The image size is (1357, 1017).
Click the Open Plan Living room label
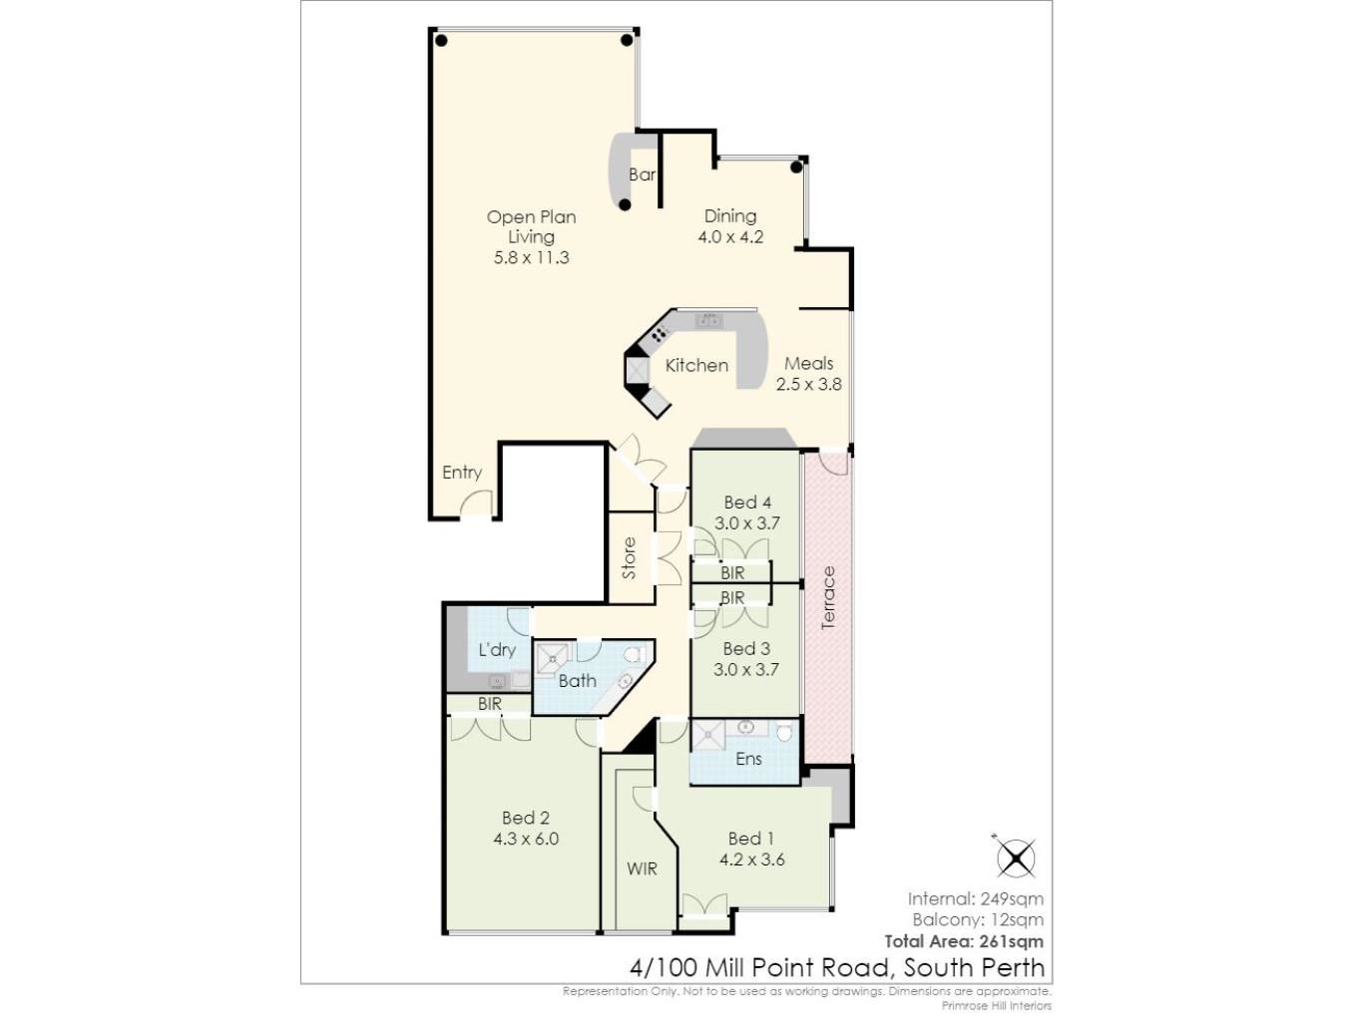(531, 226)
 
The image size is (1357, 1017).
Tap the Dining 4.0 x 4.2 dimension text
(730, 237)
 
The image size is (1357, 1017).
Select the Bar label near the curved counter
(642, 174)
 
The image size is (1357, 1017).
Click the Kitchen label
(696, 366)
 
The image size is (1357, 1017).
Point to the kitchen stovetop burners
(659, 333)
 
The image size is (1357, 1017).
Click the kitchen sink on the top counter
(708, 320)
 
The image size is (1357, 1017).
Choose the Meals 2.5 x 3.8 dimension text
(808, 384)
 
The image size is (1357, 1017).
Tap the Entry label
(462, 473)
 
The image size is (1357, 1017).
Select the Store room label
(629, 558)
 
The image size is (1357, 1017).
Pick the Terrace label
(828, 597)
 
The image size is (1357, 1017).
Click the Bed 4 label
(747, 502)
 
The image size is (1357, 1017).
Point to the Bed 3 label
(746, 648)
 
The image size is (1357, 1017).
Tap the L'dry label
(497, 650)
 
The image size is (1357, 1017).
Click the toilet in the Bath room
(635, 654)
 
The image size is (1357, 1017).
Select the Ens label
(748, 759)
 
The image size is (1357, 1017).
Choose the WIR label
(642, 868)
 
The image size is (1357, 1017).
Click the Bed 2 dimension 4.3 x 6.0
(526, 839)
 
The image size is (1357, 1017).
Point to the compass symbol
(1015, 857)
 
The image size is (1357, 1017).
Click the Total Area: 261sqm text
(964, 941)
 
